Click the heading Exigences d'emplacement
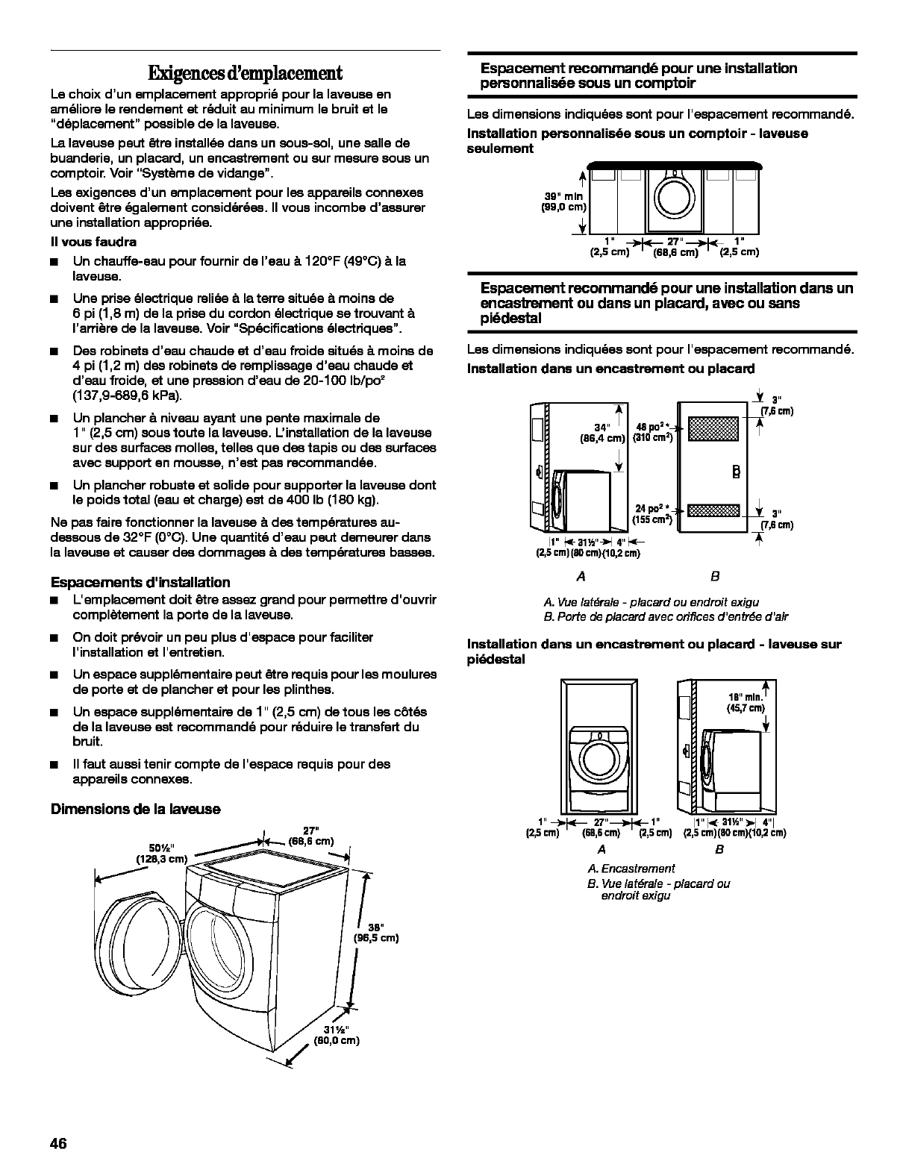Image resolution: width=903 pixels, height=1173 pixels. pos(245,73)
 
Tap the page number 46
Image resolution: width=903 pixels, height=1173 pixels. pos(60,1143)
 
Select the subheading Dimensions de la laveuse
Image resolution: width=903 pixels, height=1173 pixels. pos(135,809)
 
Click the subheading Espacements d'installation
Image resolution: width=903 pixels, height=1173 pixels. pos(140,582)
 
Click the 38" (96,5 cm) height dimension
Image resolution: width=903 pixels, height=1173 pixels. pos(378,933)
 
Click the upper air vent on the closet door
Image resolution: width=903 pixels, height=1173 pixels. pos(713,428)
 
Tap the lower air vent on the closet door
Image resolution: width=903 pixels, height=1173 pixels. pos(713,510)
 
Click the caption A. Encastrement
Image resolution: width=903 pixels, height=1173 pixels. pos(631,868)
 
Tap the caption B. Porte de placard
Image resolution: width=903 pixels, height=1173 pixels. pos(665,616)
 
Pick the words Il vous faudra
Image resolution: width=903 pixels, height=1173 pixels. pos(93,242)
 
